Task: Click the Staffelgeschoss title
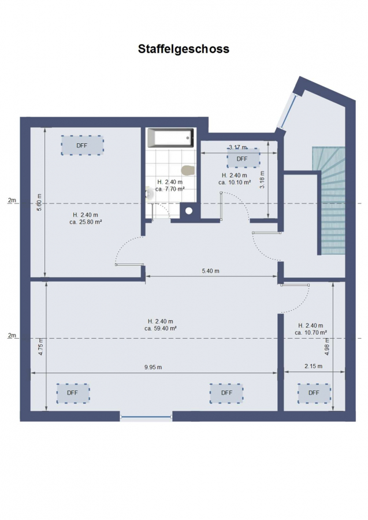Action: pyautogui.click(x=183, y=49)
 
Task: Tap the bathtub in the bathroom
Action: pyautogui.click(x=170, y=138)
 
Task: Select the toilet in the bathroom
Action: pyautogui.click(x=188, y=170)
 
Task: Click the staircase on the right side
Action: pyautogui.click(x=329, y=201)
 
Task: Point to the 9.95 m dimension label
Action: pyautogui.click(x=153, y=367)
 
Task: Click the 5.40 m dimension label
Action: pyautogui.click(x=210, y=271)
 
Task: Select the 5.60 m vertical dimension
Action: pyautogui.click(x=39, y=203)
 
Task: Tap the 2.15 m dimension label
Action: pyautogui.click(x=313, y=366)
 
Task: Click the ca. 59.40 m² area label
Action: pyautogui.click(x=161, y=328)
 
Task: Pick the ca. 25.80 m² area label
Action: pyautogui.click(x=86, y=222)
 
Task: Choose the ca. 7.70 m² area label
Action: pyautogui.click(x=170, y=189)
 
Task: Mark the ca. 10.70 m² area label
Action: pyautogui.click(x=311, y=332)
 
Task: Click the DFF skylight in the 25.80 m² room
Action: pyautogui.click(x=82, y=145)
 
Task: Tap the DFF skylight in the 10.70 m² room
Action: pyautogui.click(x=314, y=393)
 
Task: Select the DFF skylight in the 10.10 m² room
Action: pyautogui.click(x=243, y=158)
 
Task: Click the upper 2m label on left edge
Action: pyautogui.click(x=12, y=200)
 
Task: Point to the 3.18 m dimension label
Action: pyautogui.click(x=262, y=180)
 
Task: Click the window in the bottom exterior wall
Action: pyautogui.click(x=146, y=417)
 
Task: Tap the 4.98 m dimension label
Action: pyautogui.click(x=327, y=347)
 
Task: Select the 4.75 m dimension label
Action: pyautogui.click(x=41, y=347)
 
